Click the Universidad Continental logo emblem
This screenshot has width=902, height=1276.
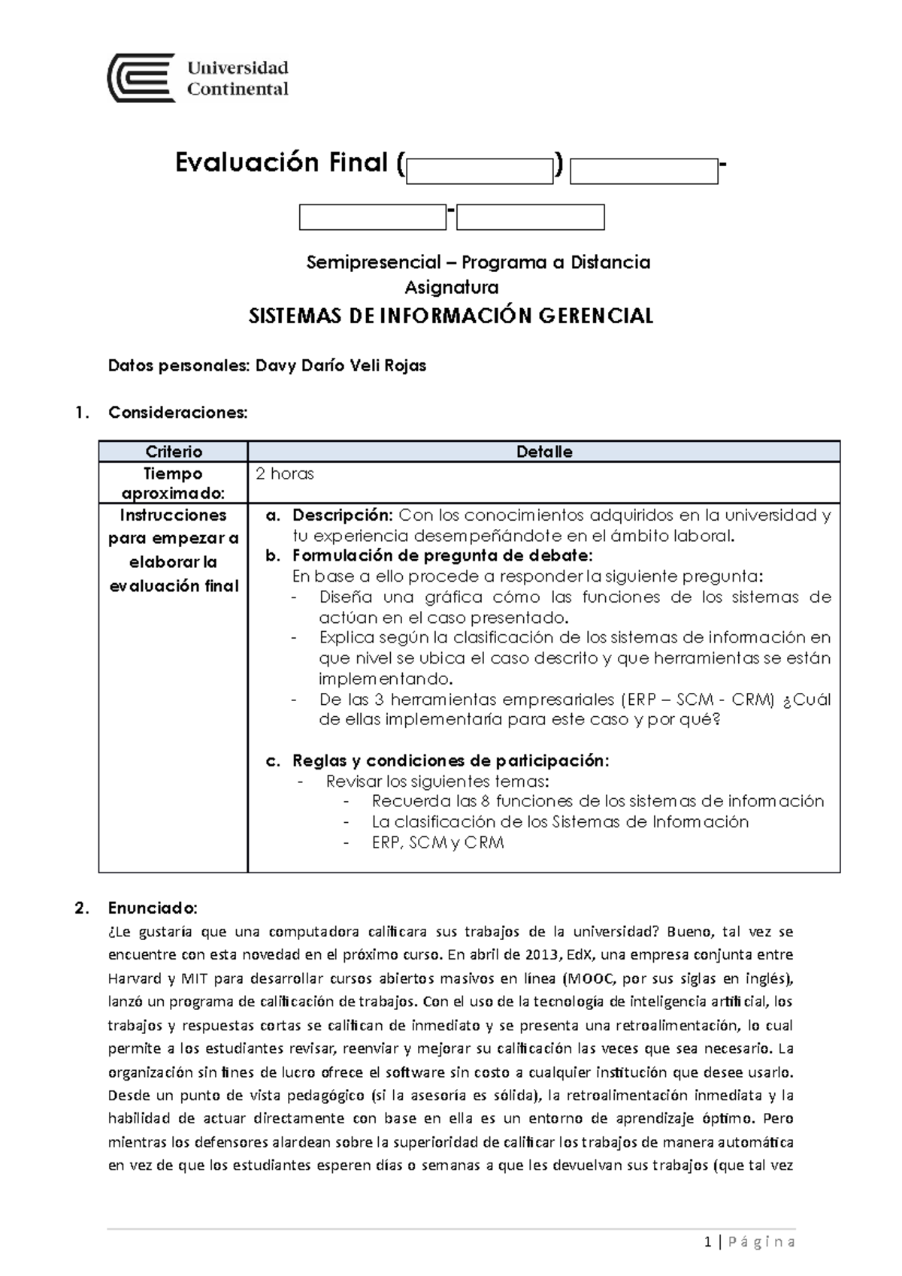[x=141, y=77]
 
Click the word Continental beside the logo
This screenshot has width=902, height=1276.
[x=238, y=89]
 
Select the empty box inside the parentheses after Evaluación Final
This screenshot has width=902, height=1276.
[x=480, y=172]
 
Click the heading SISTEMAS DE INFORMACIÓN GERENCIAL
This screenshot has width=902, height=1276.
[x=451, y=316]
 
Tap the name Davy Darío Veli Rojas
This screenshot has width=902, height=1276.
[x=341, y=366]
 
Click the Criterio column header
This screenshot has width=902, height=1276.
[x=174, y=452]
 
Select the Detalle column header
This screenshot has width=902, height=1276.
[x=544, y=452]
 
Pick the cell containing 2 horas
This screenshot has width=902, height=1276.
[x=285, y=474]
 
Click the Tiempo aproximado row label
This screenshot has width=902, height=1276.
[x=174, y=483]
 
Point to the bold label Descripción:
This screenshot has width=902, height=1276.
[x=342, y=516]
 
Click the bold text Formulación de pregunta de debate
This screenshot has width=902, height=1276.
[x=442, y=556]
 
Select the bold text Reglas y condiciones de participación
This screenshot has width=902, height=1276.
[x=450, y=760]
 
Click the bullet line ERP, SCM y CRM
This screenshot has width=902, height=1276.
[x=437, y=842]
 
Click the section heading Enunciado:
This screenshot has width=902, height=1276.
[x=153, y=908]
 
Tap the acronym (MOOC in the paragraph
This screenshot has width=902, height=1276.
[x=589, y=978]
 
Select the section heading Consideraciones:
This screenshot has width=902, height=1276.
[x=177, y=413]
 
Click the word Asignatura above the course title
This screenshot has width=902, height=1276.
[x=452, y=287]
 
